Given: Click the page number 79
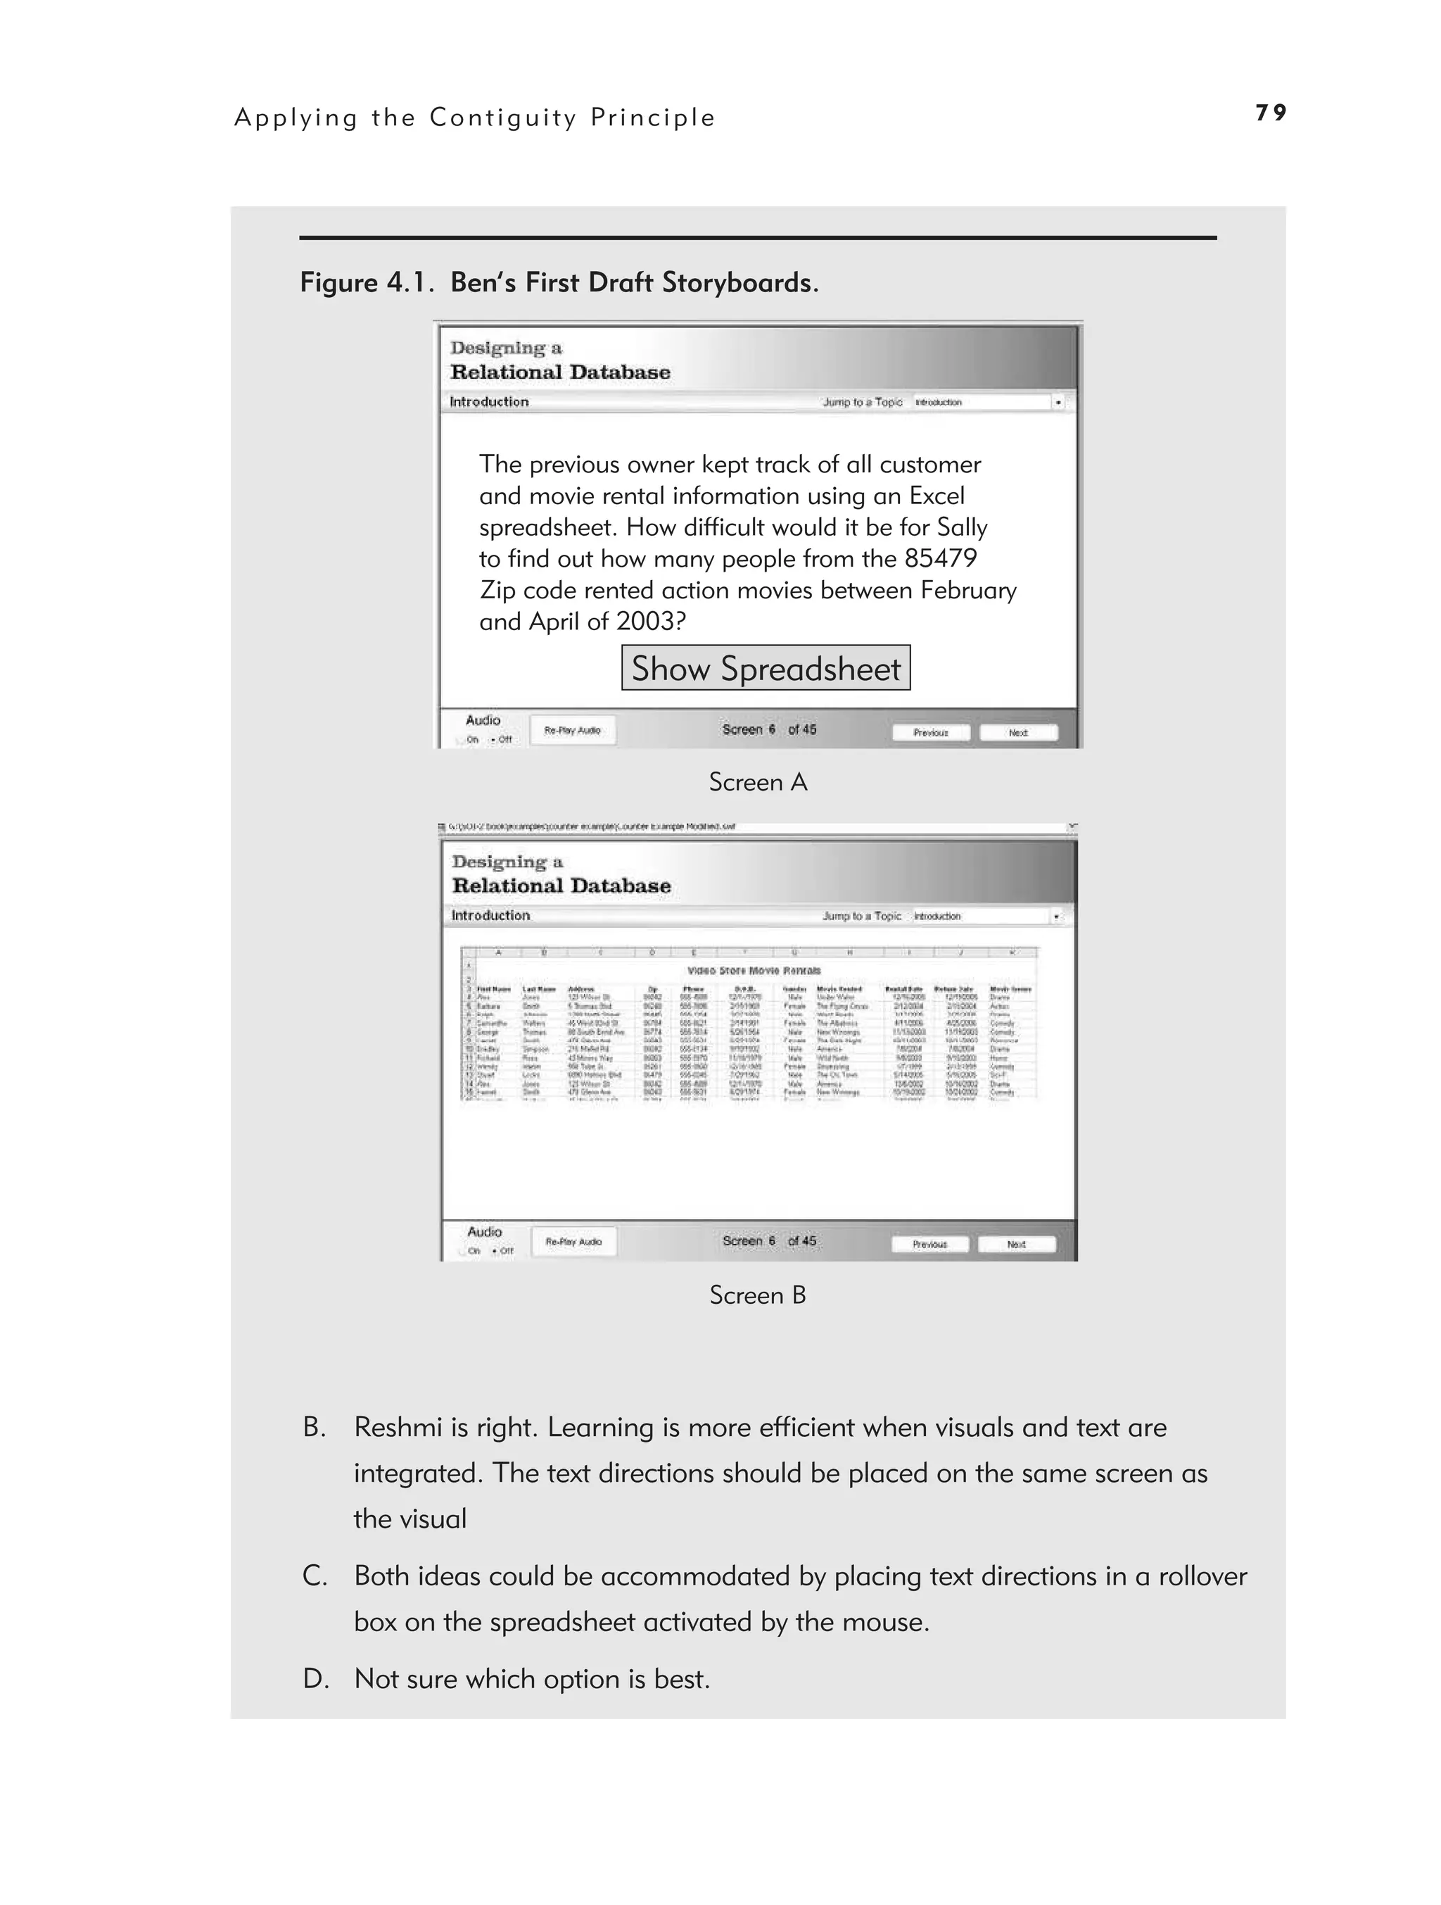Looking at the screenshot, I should click(1271, 113).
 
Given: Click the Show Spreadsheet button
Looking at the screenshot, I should click(766, 668).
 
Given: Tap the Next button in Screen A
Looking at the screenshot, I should click(1018, 733).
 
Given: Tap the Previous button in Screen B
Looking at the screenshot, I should click(929, 1245).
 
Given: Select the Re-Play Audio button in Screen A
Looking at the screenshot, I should click(573, 730).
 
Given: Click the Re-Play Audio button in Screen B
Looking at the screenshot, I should click(573, 1242).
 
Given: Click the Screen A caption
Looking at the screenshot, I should click(758, 782).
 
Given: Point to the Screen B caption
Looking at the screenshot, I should click(758, 1295).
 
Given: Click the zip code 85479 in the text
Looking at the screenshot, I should click(940, 559).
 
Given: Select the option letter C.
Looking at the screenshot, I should click(315, 1576).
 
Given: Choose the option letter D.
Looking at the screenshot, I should click(315, 1678).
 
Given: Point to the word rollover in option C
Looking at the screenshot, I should click(1202, 1576).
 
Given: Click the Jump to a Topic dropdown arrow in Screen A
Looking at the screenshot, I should click(1058, 402).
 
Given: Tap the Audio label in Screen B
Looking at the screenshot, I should click(484, 1231).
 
